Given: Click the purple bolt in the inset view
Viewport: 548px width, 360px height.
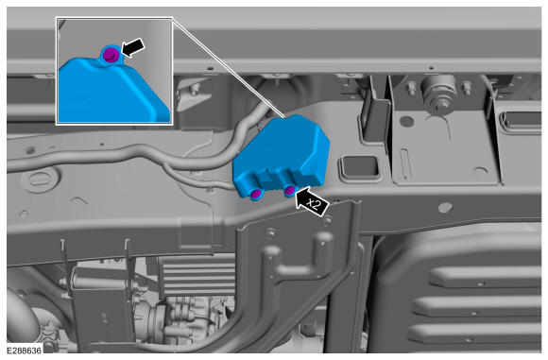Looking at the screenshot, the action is point(111,55).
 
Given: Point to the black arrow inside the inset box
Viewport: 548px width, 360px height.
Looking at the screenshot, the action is point(133,47).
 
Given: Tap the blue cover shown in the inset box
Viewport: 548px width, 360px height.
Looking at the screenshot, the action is point(112,90).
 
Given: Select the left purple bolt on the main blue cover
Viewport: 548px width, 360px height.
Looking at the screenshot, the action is point(256,194).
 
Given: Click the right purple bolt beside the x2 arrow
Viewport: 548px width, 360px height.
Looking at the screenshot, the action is point(290,191).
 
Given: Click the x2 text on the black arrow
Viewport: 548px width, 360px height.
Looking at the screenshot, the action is point(315,204).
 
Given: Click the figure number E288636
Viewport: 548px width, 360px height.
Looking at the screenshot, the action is point(25,350).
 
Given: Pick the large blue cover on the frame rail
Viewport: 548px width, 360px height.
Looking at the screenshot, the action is point(282,156).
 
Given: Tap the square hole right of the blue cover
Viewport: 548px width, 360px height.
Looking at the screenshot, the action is point(360,166).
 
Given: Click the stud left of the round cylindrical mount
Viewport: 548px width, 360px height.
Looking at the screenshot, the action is point(411,89).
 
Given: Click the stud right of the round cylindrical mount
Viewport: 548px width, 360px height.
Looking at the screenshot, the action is point(467,88).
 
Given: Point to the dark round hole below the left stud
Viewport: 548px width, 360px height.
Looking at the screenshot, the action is point(406,121).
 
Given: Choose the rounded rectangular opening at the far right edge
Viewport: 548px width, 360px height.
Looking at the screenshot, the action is point(521,121).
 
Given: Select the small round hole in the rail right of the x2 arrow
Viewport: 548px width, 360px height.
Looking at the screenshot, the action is point(445,208).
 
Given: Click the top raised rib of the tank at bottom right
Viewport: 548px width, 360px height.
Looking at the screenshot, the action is point(485,277).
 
